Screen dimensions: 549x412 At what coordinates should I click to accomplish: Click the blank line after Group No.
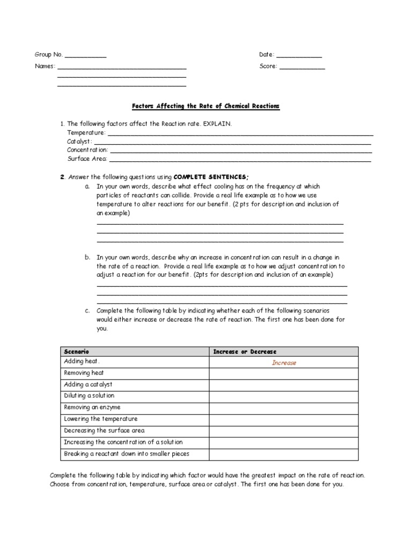85,56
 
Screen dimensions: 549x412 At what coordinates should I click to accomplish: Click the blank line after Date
299,56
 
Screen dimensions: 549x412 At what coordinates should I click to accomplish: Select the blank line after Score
302,68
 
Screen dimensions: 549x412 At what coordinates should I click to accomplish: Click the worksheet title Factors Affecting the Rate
206,107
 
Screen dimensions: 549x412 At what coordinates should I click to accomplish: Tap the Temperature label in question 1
86,132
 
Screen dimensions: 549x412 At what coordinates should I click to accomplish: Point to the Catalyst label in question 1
79,142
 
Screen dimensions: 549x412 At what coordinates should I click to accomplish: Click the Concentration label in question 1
87,150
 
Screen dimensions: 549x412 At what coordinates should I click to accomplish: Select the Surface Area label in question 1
87,159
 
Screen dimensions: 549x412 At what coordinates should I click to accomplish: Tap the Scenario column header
77,351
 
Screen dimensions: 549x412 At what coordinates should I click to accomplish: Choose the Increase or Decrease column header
245,351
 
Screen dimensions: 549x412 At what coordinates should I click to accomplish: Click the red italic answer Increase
284,363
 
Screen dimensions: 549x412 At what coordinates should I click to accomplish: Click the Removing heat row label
84,373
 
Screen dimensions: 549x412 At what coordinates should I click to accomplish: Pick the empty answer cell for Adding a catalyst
283,385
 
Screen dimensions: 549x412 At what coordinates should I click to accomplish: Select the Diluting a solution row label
89,396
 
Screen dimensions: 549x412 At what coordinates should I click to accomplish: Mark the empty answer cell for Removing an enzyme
283,407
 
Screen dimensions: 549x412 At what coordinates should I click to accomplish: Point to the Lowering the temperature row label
100,419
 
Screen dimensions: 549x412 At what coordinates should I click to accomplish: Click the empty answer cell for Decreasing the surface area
283,431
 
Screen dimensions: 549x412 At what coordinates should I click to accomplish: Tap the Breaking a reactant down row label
126,454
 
